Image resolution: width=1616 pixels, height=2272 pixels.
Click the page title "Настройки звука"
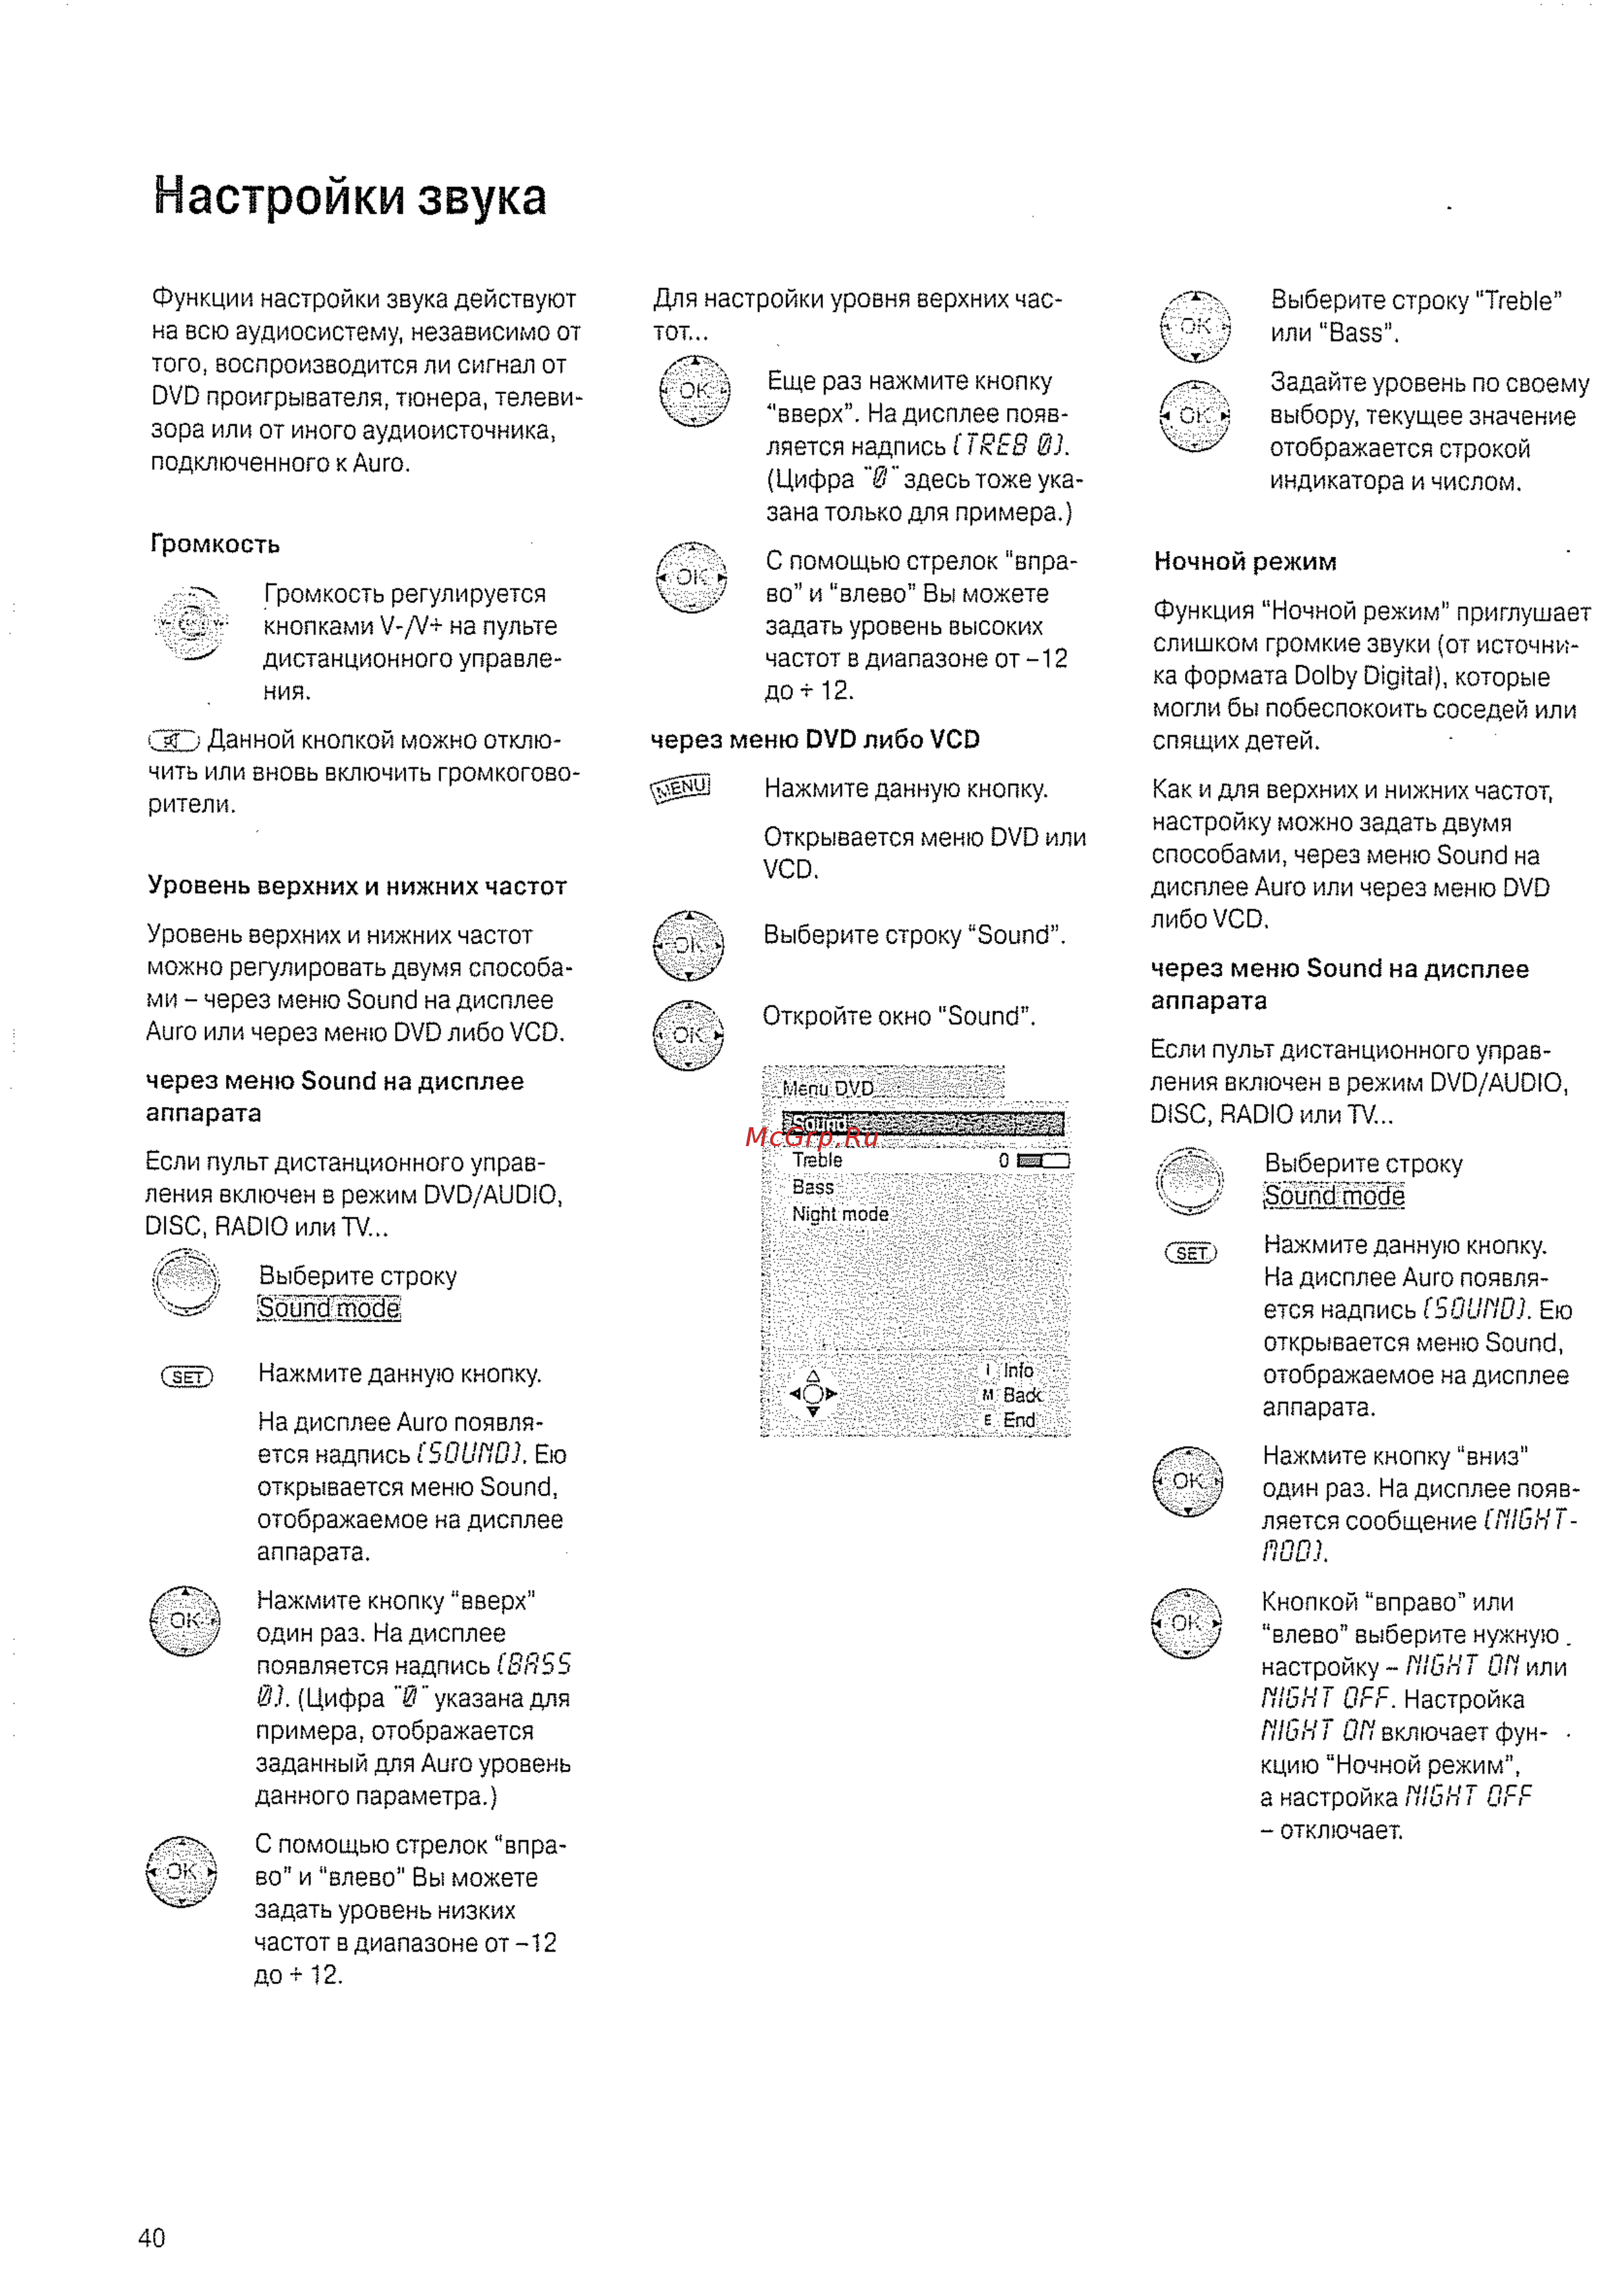point(349,196)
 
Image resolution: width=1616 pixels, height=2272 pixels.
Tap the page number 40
point(151,2237)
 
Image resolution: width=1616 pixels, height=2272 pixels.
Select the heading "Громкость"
point(215,544)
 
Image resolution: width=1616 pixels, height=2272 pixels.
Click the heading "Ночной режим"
point(1245,561)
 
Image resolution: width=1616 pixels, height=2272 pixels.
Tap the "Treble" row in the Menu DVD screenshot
point(818,1160)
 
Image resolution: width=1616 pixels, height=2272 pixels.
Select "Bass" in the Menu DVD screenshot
point(813,1187)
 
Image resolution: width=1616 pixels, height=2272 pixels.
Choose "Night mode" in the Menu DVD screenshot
point(840,1214)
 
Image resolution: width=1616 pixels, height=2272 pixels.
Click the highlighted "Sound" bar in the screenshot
point(923,1125)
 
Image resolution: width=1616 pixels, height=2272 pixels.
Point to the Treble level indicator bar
point(1043,1160)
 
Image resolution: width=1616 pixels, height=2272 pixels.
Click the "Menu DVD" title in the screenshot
point(828,1087)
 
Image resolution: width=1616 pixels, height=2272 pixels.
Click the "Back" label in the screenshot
point(1022,1395)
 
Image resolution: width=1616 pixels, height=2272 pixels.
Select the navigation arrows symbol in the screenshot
point(813,1393)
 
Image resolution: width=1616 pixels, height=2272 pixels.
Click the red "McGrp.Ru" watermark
point(811,1137)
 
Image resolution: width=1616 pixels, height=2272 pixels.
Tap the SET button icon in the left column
point(187,1378)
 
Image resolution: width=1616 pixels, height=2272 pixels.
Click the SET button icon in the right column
point(1191,1253)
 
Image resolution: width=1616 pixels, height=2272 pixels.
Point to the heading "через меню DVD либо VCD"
point(815,739)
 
